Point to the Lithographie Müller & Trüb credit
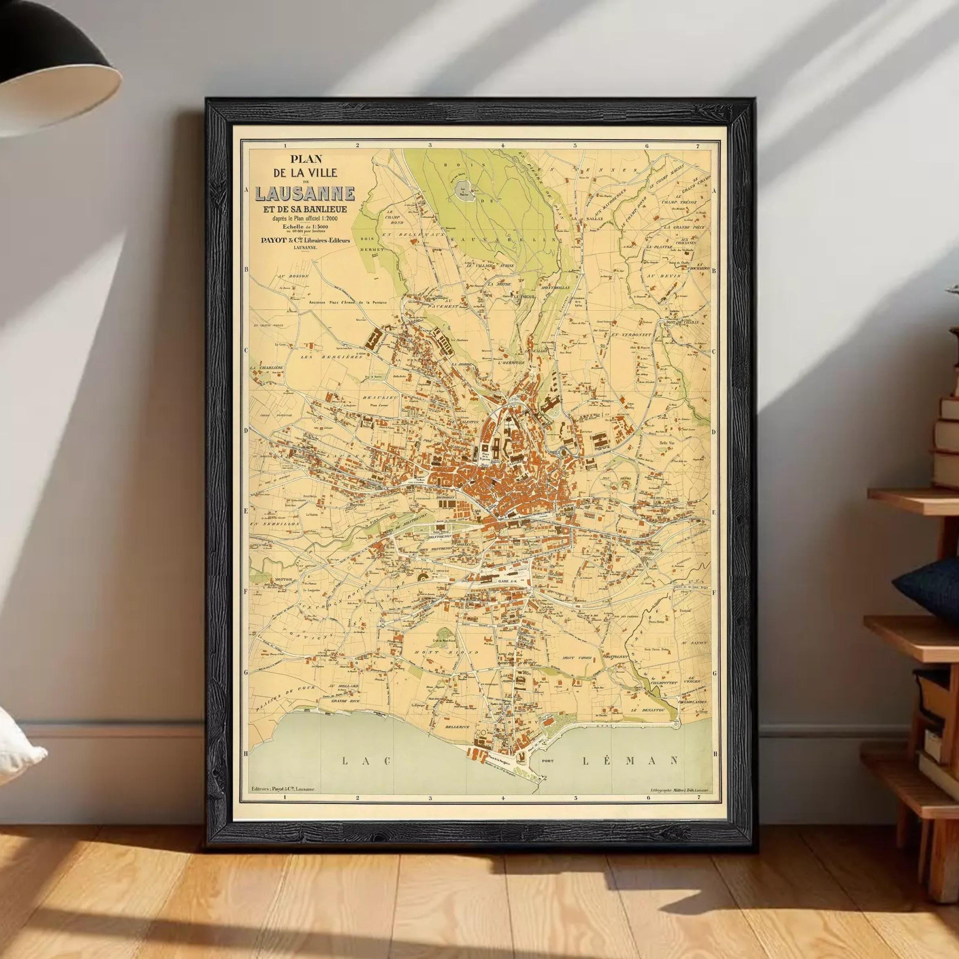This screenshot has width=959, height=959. pyautogui.click(x=678, y=803)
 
